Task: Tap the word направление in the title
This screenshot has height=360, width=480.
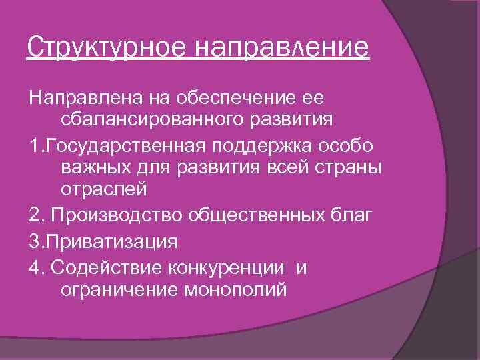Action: (x=282, y=48)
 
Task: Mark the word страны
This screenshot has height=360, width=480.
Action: (x=352, y=169)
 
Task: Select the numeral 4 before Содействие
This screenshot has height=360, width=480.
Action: (x=33, y=266)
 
